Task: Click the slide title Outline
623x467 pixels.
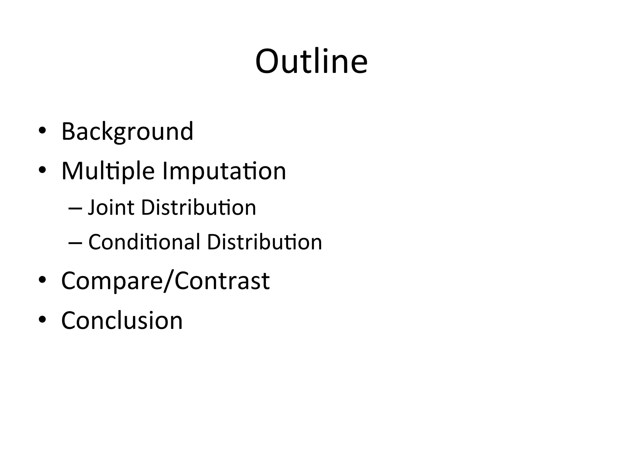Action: [311, 61]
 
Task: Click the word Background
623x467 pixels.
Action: [127, 131]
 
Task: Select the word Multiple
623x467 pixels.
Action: [108, 171]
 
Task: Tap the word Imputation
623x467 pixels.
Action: [224, 171]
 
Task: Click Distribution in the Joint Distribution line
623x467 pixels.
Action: [199, 208]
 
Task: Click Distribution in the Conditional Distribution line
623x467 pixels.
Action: [264, 242]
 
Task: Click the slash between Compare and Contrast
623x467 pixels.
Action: [168, 281]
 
